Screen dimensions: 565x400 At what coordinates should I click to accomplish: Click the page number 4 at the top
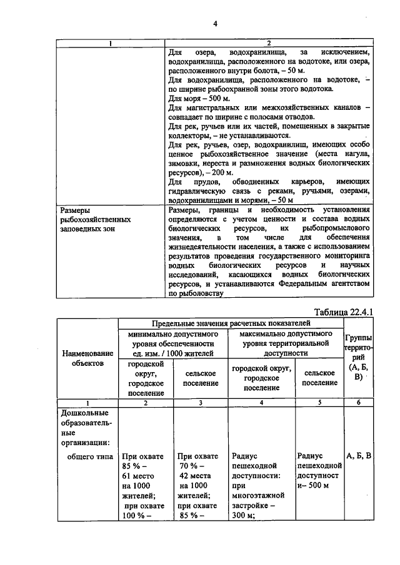[214, 24]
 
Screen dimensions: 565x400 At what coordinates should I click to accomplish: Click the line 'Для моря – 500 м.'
[199, 99]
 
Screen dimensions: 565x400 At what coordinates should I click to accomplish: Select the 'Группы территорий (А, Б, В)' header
[357, 357]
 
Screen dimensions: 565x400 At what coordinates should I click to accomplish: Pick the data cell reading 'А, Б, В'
[358, 456]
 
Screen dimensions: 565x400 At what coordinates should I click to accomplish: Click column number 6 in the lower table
[358, 403]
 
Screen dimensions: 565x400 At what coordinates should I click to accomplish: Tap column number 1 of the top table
[111, 44]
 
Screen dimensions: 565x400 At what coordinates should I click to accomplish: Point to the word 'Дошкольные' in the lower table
[84, 413]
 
